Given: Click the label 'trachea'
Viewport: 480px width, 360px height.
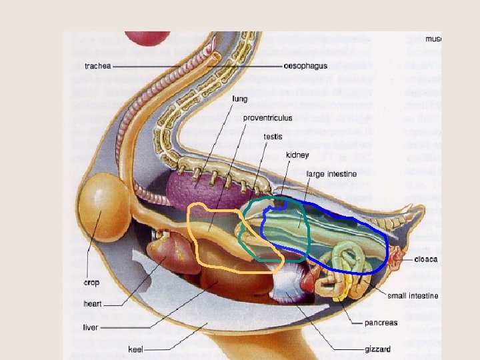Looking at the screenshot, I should (x=97, y=66).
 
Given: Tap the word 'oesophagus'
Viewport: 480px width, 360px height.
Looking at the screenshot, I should (x=306, y=66).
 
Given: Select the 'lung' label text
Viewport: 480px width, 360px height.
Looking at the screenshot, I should (x=240, y=99).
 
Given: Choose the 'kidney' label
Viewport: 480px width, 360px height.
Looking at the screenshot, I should (x=297, y=155).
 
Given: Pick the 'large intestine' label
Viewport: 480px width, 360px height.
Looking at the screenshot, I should (x=331, y=174).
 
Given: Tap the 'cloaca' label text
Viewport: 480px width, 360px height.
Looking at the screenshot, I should (x=425, y=259).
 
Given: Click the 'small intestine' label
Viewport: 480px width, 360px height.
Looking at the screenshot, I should (x=413, y=295).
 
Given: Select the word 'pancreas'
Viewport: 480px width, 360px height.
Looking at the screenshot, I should (x=382, y=323).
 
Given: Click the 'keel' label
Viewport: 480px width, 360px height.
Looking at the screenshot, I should (x=137, y=349).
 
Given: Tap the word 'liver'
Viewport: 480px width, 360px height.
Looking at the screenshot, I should (x=91, y=327).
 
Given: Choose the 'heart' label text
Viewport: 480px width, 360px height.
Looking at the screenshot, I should (x=92, y=304).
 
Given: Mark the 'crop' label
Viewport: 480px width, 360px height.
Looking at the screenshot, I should (x=91, y=283).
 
